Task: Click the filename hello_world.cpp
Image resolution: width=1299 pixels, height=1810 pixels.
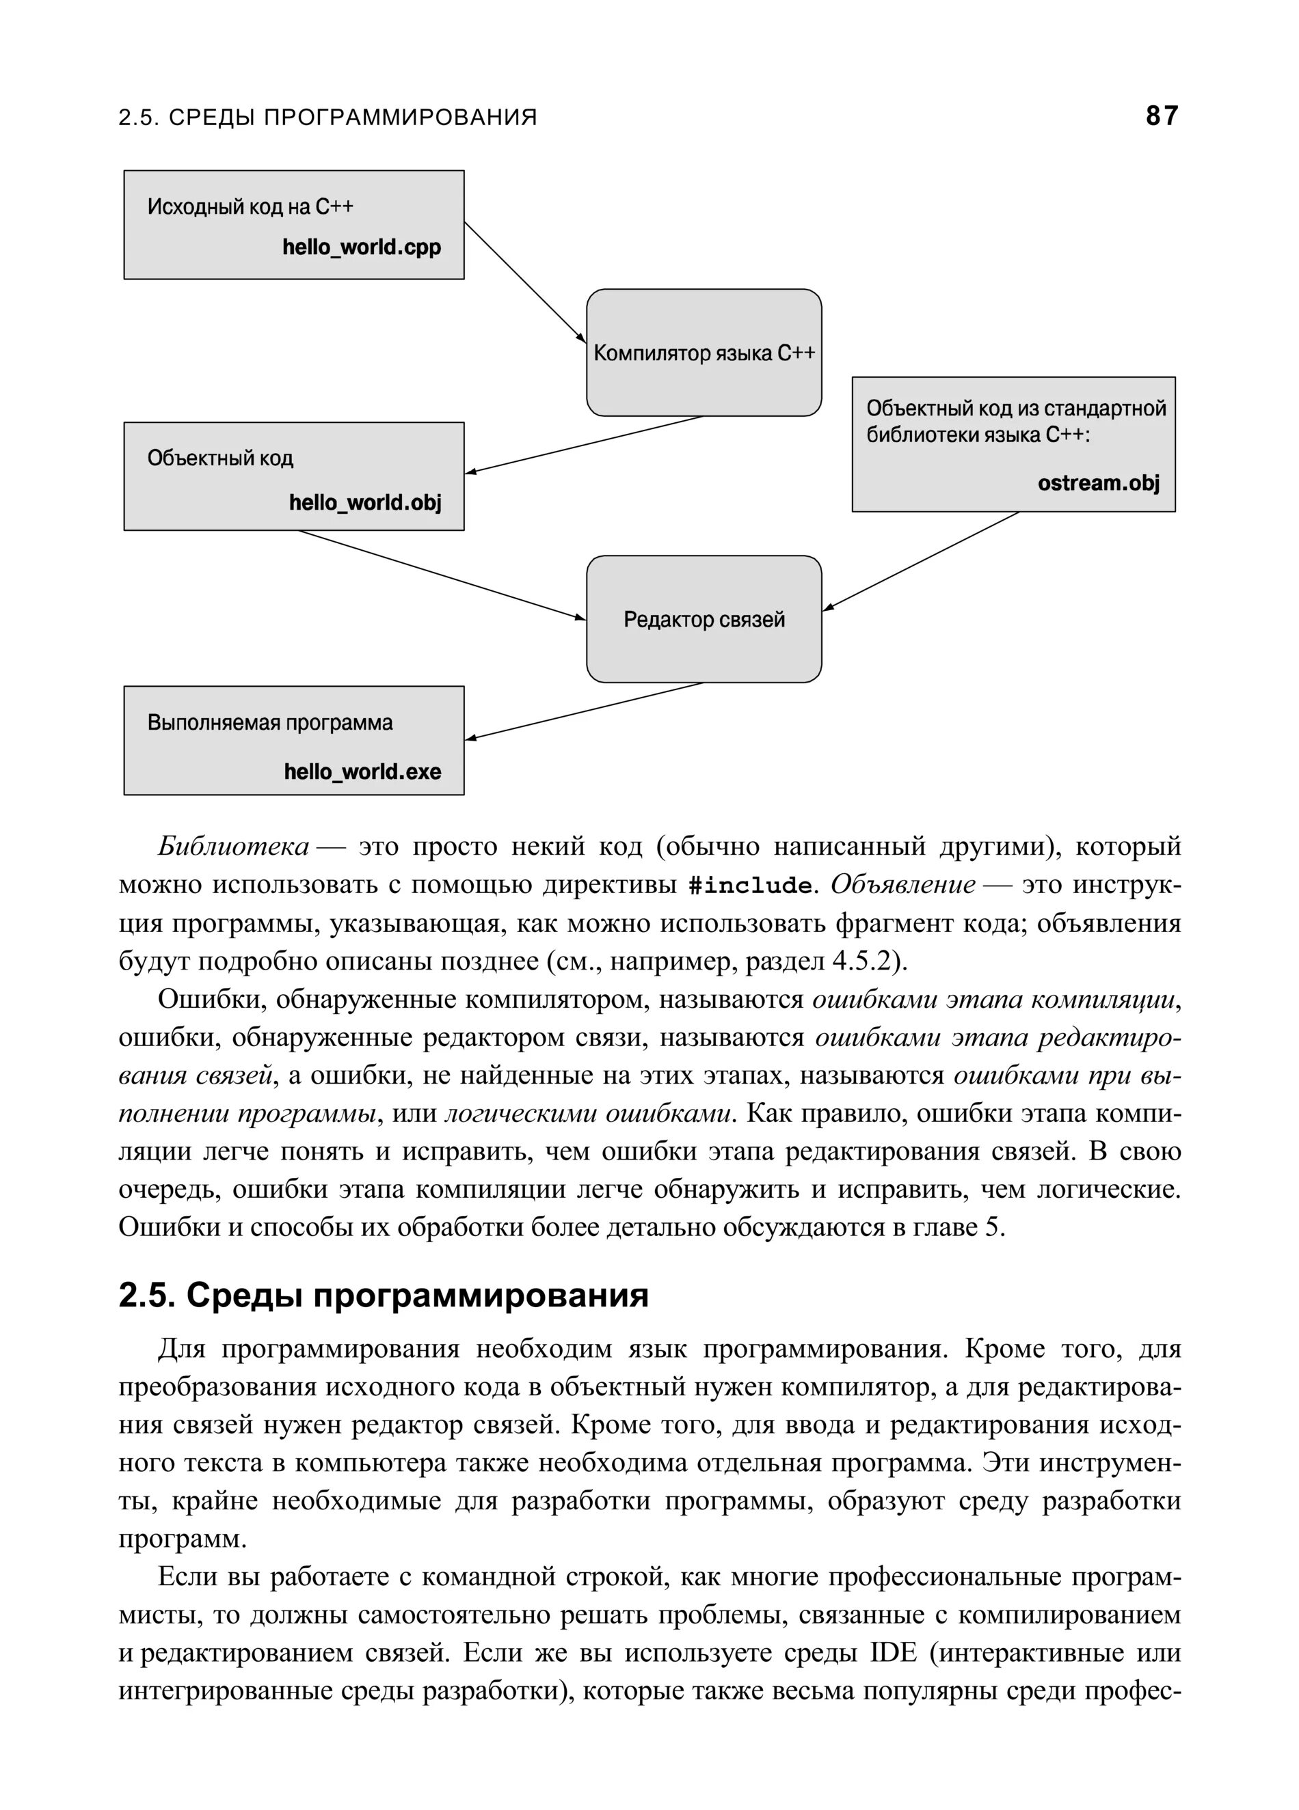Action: [362, 247]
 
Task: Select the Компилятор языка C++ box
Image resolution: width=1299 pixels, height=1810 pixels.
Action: [704, 353]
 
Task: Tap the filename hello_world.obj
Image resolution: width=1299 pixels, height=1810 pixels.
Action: [365, 503]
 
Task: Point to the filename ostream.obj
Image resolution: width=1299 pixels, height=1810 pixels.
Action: [1099, 483]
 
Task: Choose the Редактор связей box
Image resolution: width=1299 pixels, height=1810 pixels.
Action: [704, 619]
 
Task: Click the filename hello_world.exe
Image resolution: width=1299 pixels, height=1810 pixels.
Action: [362, 771]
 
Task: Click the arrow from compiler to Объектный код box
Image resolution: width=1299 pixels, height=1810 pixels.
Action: [585, 445]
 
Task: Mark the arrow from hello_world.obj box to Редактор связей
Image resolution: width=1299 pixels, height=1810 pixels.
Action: [442, 575]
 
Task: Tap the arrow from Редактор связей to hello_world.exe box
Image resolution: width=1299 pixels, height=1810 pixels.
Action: [585, 711]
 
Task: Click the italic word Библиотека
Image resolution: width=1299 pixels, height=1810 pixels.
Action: [233, 846]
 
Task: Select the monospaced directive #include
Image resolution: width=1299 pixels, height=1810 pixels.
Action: [750, 885]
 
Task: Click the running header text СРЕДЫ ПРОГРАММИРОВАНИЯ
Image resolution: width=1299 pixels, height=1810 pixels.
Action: [352, 118]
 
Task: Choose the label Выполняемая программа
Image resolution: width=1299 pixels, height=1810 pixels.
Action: [270, 723]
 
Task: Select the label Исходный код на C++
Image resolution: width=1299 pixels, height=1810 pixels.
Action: [250, 208]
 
